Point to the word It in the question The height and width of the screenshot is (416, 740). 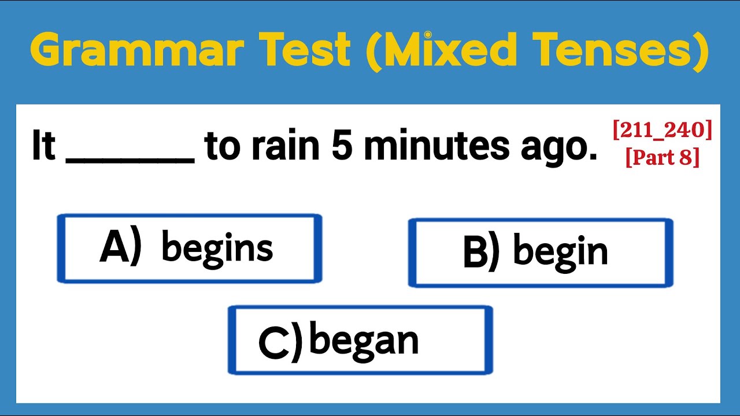point(43,147)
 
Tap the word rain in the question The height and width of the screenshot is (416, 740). point(289,147)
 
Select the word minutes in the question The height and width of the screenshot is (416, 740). point(436,147)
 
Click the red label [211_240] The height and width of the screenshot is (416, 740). point(663,131)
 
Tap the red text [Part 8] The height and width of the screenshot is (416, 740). point(663,157)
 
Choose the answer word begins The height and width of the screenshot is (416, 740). point(217,248)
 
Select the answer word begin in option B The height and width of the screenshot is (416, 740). point(560,252)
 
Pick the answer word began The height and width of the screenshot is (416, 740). point(364,341)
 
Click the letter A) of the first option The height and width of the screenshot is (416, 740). point(120,248)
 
